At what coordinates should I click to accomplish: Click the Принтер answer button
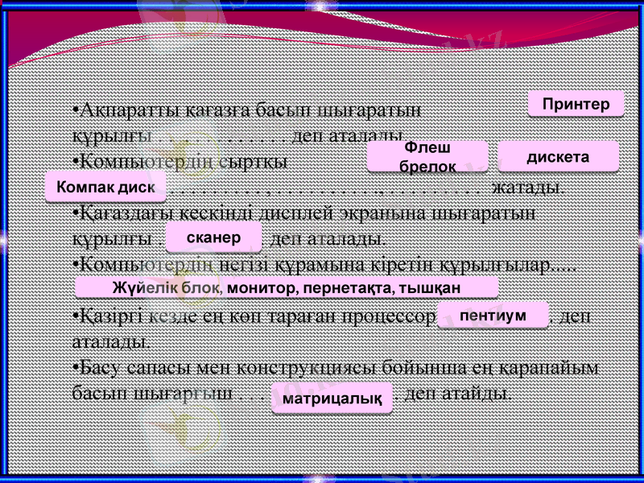point(576,104)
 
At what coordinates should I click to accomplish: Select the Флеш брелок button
point(427,157)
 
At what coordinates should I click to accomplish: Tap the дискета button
point(558,156)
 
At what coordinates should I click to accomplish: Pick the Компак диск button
point(105,187)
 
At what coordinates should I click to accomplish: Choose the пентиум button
point(493,316)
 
